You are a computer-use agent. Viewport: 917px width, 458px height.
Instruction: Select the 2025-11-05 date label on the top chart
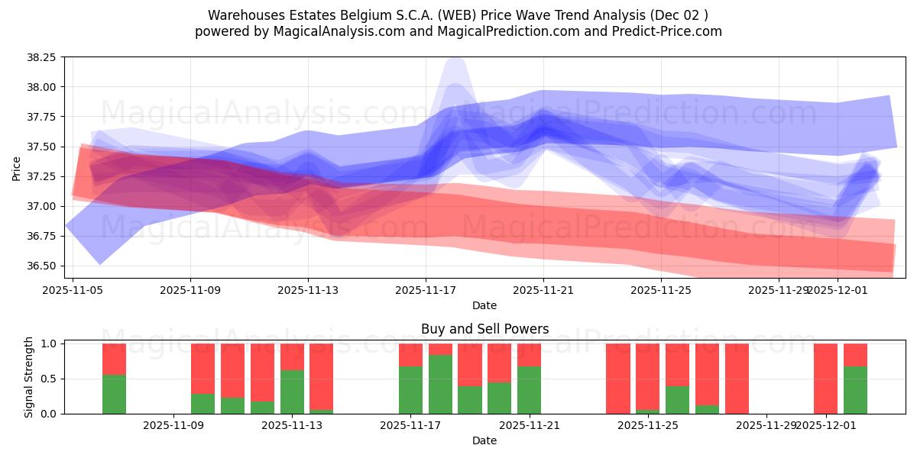coord(73,290)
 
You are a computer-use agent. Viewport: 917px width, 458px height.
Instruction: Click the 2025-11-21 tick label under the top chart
coord(543,290)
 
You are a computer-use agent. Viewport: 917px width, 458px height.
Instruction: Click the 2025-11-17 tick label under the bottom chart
coord(410,425)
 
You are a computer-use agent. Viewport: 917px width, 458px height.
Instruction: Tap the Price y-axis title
coord(17,168)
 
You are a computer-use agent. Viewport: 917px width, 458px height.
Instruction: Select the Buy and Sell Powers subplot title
coord(484,329)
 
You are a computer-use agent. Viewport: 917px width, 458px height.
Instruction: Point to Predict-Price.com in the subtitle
coord(672,31)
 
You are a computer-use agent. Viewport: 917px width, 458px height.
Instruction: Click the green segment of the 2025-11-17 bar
coord(410,390)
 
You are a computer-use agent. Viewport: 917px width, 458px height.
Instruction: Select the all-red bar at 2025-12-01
coord(825,379)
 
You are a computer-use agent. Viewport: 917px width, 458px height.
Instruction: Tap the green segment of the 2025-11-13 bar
coord(292,392)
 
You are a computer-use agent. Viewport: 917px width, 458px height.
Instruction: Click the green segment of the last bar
coord(855,390)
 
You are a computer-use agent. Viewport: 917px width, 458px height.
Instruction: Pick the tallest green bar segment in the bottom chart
coord(440,384)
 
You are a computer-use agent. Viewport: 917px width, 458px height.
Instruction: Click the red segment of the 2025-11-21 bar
coord(529,355)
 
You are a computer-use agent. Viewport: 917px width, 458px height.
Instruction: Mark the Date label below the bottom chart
coord(484,440)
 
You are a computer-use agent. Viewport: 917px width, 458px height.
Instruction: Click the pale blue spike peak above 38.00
coord(455,63)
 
